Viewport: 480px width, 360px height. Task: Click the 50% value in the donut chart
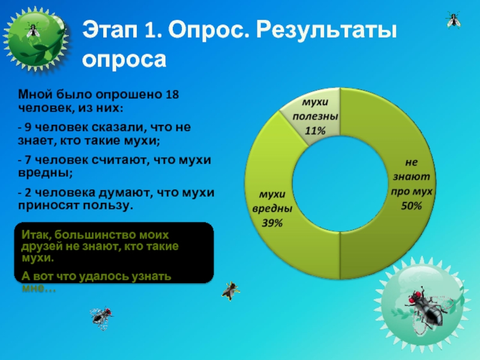(x=412, y=206)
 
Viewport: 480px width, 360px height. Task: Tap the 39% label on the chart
(x=272, y=223)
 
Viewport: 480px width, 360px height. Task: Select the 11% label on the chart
(x=315, y=131)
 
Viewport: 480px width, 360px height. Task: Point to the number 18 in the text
(x=172, y=94)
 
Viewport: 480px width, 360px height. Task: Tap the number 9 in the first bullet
(x=28, y=127)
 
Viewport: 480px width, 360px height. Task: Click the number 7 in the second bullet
(x=28, y=160)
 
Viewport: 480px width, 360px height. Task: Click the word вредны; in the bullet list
(x=46, y=173)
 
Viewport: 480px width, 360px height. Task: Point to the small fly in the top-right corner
(x=454, y=20)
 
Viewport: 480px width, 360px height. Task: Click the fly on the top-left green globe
(x=33, y=30)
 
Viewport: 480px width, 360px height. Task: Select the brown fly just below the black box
(x=230, y=291)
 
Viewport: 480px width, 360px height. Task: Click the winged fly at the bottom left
(x=101, y=317)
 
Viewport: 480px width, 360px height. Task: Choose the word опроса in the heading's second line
(x=124, y=59)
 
